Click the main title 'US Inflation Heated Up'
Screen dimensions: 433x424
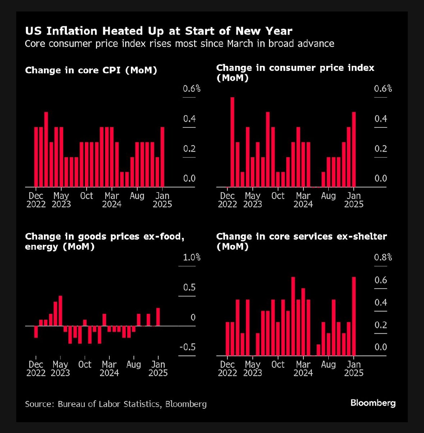(159, 31)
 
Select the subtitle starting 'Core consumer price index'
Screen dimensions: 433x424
(179, 44)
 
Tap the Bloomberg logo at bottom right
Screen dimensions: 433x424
(373, 403)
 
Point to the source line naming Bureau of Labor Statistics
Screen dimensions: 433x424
(116, 404)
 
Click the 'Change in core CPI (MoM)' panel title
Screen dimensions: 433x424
(91, 70)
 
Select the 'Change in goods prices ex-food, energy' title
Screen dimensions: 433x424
(105, 241)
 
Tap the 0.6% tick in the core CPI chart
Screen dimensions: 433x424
(191, 89)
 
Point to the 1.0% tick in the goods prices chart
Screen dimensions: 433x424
(191, 257)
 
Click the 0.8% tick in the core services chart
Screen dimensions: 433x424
(383, 257)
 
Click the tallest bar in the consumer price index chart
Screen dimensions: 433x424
(232, 142)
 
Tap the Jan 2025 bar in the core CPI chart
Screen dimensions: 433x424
(162, 157)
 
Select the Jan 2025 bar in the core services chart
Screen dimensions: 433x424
(354, 316)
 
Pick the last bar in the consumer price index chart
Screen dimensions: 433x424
(354, 149)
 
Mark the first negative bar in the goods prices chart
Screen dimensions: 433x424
(36, 332)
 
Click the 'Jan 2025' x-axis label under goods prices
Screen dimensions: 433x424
(158, 369)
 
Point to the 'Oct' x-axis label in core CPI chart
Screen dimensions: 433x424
(86, 196)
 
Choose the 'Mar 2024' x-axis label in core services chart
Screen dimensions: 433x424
(303, 369)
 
